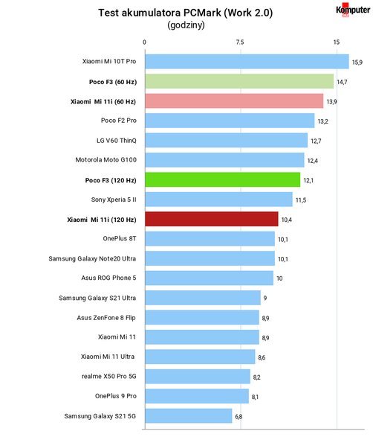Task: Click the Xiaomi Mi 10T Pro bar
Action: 247,62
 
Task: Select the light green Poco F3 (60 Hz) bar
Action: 239,81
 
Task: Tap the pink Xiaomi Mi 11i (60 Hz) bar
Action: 234,101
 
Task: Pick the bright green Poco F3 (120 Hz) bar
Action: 222,179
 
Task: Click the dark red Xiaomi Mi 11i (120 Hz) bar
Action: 212,219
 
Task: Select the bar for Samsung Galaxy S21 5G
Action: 188,416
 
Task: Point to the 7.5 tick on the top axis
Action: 240,42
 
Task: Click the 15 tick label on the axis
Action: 337,42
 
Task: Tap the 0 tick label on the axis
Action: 144,42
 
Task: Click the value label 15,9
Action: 357,62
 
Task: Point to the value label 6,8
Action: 239,417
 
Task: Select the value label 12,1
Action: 308,180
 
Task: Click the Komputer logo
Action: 353,10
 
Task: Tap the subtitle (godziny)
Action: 186,25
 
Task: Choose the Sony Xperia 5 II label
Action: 114,200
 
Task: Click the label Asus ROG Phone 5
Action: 108,278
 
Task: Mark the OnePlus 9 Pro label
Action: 116,396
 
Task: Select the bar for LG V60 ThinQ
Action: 226,140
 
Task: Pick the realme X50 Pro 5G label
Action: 109,376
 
